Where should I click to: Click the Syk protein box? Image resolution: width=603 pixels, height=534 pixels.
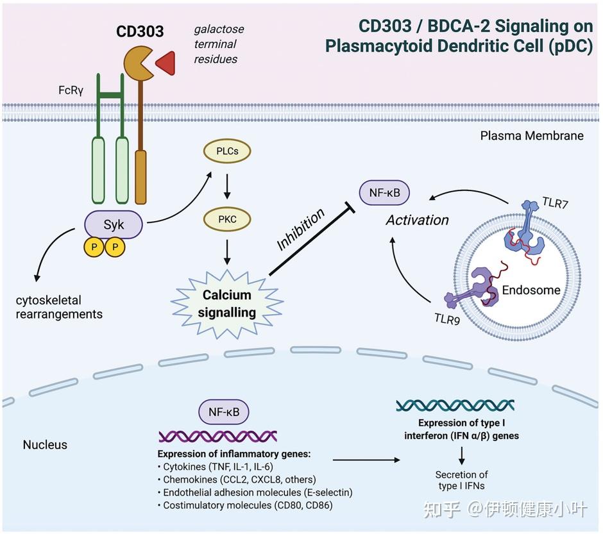(x=114, y=224)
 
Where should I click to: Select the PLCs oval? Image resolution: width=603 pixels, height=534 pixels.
(x=226, y=152)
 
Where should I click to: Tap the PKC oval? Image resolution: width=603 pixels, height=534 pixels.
(x=226, y=219)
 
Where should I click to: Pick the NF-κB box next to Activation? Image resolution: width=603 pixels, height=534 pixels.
(x=384, y=192)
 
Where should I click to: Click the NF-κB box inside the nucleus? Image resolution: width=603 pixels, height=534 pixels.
(x=223, y=412)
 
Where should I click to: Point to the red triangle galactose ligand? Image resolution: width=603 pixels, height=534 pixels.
(x=166, y=62)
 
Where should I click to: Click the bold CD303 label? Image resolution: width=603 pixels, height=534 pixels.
(x=140, y=31)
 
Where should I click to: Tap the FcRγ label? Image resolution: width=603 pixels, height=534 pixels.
(x=71, y=90)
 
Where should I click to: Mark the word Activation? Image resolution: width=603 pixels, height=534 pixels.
(x=417, y=220)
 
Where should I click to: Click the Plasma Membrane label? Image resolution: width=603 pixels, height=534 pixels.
(x=532, y=136)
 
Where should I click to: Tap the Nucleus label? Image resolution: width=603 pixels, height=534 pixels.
(x=45, y=444)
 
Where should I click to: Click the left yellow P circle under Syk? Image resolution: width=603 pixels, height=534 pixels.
(x=94, y=247)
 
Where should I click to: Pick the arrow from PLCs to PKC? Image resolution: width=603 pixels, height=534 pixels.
(x=226, y=185)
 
